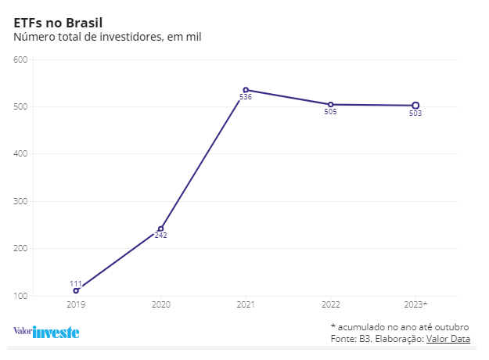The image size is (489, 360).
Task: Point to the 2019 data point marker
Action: (76, 290)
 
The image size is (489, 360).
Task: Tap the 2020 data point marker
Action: (161, 229)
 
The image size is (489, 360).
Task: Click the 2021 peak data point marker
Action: (246, 90)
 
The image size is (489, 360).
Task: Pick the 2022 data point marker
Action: (330, 104)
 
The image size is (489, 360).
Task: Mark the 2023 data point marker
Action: (415, 106)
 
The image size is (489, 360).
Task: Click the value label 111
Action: (76, 283)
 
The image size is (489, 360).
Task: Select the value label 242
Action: (160, 236)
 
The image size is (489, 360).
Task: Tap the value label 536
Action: (246, 97)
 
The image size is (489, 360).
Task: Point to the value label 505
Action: (330, 112)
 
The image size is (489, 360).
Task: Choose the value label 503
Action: (415, 113)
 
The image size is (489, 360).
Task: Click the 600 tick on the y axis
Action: (20, 59)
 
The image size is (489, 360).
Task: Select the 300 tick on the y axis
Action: (20, 202)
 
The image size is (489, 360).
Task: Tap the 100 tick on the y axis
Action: (20, 297)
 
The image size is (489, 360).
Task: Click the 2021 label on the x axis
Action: (246, 304)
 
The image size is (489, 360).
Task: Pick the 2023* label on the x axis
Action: (415, 304)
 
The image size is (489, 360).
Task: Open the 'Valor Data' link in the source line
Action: (448, 338)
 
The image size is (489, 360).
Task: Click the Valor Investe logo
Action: (46, 331)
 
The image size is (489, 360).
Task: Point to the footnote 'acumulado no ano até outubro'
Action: (403, 326)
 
